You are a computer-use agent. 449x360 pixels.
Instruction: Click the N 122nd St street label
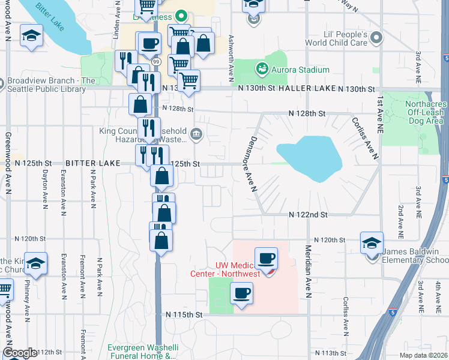point(307,214)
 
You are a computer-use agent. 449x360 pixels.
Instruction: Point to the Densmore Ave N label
point(249,162)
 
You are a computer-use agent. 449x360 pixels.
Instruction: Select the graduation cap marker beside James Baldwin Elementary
point(372,244)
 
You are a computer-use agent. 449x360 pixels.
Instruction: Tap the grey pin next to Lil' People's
point(376,38)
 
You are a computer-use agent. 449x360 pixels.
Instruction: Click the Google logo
point(20,353)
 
